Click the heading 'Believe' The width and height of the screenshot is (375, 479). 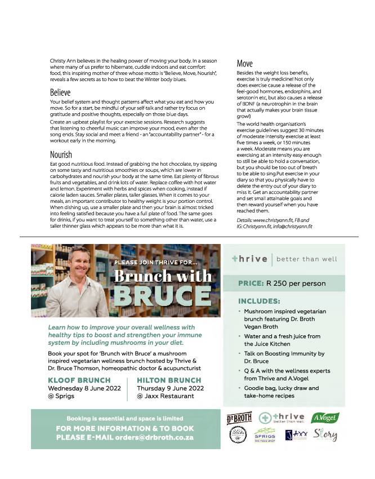coord(60,92)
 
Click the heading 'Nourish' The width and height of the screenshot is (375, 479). coord(61,154)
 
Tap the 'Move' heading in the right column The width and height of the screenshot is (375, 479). coord(244,64)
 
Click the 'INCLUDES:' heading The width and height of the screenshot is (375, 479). coord(259,301)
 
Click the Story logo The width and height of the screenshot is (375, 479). coord(326,436)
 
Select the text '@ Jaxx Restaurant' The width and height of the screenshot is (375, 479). coord(166,396)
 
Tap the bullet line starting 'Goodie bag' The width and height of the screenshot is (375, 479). coord(281,388)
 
